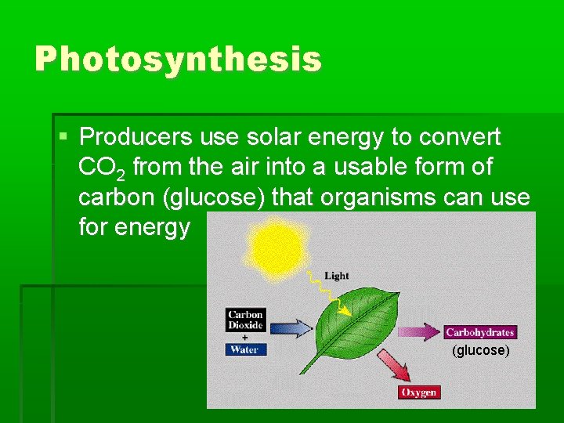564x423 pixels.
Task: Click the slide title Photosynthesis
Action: [178, 60]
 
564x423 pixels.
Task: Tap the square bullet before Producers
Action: [63, 137]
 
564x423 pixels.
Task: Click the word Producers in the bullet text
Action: [136, 138]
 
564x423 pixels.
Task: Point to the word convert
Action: [460, 138]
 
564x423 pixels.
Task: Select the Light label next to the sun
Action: [337, 276]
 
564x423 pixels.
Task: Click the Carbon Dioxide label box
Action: [245, 320]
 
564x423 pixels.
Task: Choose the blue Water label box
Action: [244, 349]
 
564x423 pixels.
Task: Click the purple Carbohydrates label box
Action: [479, 332]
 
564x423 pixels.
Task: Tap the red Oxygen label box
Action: [419, 392]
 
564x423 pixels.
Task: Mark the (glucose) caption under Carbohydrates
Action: [480, 350]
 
